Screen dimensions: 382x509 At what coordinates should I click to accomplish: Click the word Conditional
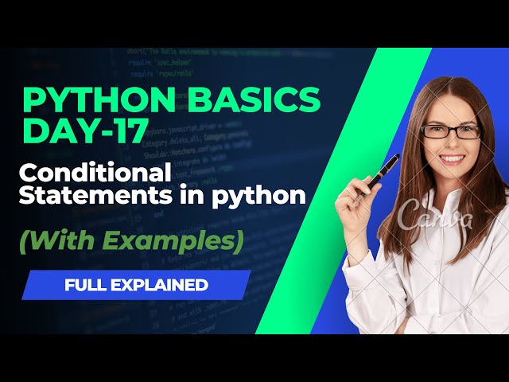click(94, 173)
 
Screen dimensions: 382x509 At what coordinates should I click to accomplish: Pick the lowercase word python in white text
click(269, 197)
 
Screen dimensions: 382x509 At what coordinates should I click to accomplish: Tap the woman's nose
click(452, 143)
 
